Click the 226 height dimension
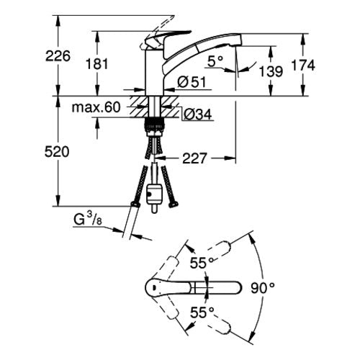58,56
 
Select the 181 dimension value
97,64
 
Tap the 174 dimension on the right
303,66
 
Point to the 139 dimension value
271,71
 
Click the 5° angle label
215,61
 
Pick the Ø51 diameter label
192,82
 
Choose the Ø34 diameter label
197,114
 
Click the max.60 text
96,107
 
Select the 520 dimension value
57,152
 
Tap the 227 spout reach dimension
194,158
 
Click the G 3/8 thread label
88,220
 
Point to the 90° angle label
263,288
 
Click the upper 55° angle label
202,263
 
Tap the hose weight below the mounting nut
154,196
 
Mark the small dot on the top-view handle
153,287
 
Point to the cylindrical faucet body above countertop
155,71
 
